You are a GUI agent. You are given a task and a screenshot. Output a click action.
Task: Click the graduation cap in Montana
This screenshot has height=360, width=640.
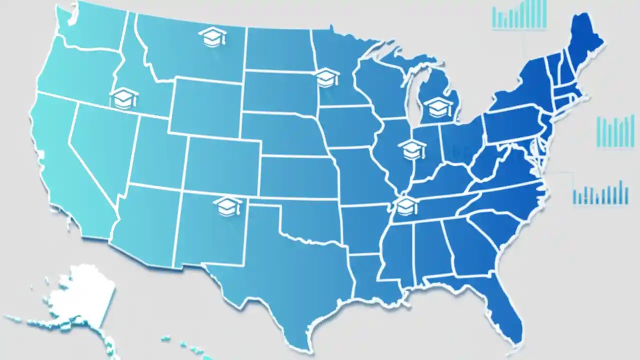pos(212,37)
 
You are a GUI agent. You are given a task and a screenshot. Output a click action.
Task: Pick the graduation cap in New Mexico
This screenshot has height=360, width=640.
pos(227,206)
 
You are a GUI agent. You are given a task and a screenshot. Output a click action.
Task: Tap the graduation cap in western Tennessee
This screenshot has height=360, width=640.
pos(406,205)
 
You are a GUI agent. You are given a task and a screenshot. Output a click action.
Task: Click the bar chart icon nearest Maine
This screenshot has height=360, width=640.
pos(519,14)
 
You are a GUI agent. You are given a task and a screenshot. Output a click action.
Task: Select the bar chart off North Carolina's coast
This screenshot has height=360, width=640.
pos(600,193)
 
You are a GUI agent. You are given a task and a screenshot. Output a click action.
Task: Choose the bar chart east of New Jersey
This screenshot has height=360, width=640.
pos(615,131)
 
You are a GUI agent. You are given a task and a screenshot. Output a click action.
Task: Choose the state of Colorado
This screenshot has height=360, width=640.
pos(222,165)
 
